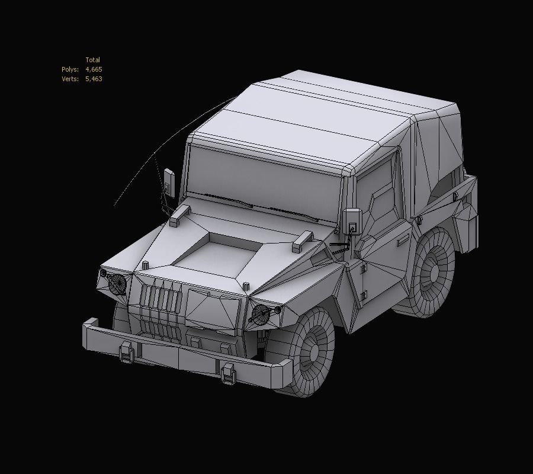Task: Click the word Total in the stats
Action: click(92, 60)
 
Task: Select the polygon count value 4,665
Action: click(94, 69)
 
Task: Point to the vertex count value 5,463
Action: click(94, 79)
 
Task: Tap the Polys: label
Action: click(70, 69)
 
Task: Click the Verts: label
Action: click(70, 79)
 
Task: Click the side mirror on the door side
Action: click(352, 221)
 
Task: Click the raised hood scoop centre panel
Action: click(216, 255)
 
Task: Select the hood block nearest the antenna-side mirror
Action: click(180, 216)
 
